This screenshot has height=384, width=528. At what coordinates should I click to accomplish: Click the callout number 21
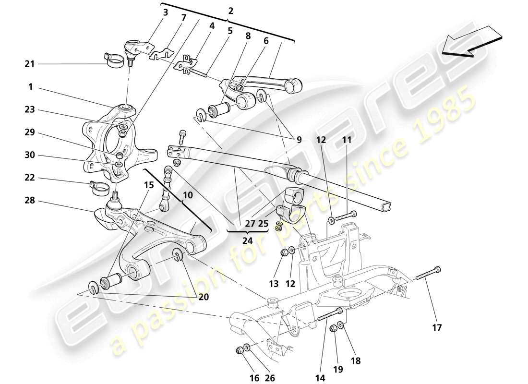30,64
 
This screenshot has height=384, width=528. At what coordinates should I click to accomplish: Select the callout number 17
436,328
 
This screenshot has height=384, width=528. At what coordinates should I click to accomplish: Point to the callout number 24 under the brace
247,240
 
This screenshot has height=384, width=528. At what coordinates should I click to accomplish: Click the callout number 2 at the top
230,10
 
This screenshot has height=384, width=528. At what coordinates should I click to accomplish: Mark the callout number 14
321,378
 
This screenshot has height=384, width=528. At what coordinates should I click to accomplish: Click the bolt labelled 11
343,216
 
